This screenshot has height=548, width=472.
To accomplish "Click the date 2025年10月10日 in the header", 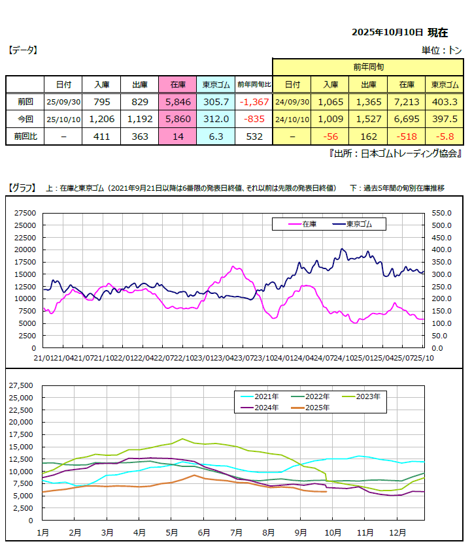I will tap(388, 32).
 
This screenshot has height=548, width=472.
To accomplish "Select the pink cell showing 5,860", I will tap(178, 120).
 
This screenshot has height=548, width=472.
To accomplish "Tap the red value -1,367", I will tap(254, 102).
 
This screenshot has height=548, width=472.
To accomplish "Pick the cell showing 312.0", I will tap(216, 120).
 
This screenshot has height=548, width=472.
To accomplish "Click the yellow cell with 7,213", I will tap(406, 102).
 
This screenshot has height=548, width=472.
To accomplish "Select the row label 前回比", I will tap(25, 137).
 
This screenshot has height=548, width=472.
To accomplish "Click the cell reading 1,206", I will tap(102, 120).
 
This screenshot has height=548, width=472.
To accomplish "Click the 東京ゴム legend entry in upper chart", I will tap(365, 224).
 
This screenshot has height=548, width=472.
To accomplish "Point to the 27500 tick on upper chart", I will tap(25, 213).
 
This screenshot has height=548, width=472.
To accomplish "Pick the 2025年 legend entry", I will tap(315, 407).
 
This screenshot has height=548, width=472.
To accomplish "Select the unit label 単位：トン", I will tap(442, 50).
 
